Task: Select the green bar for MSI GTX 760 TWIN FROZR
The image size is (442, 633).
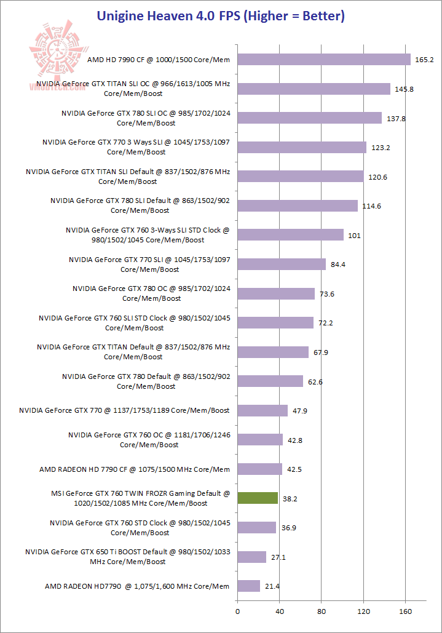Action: [258, 498]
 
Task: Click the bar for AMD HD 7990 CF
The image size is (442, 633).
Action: [324, 60]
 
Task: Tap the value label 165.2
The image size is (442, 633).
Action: [425, 60]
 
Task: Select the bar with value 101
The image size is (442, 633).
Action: [290, 235]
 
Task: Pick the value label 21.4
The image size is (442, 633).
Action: [272, 586]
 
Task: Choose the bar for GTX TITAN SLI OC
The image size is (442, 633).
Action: [314, 89]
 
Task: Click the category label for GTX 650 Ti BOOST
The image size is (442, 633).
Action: [128, 557]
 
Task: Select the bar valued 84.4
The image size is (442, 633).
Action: [282, 265]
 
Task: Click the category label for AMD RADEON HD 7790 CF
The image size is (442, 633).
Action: [135, 469]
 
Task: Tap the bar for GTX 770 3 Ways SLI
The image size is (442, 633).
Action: [302, 147]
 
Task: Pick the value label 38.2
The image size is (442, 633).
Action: [290, 499]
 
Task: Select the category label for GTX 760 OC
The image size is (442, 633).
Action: [149, 440]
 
